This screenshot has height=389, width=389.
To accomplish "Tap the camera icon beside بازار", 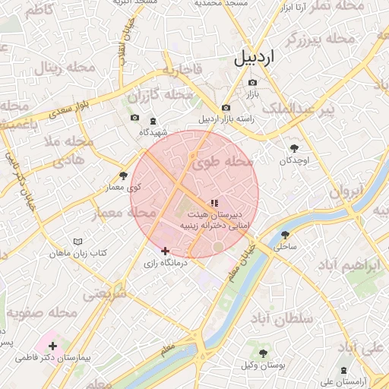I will (252, 82).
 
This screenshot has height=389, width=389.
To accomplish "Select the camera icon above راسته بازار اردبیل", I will (226, 108).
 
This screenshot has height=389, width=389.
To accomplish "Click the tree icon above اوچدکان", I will (295, 148).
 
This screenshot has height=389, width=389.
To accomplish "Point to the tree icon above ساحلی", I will (285, 235).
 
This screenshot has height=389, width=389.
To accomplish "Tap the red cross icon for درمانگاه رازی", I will (165, 251).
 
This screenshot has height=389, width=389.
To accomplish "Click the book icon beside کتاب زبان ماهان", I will (77, 242).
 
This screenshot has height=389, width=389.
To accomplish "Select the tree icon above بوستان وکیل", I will (263, 353).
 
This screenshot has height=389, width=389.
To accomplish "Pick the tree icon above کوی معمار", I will (124, 176).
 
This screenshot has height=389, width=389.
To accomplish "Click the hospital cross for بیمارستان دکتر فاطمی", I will (52, 346).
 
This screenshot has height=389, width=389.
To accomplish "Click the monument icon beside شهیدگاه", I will (152, 122).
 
